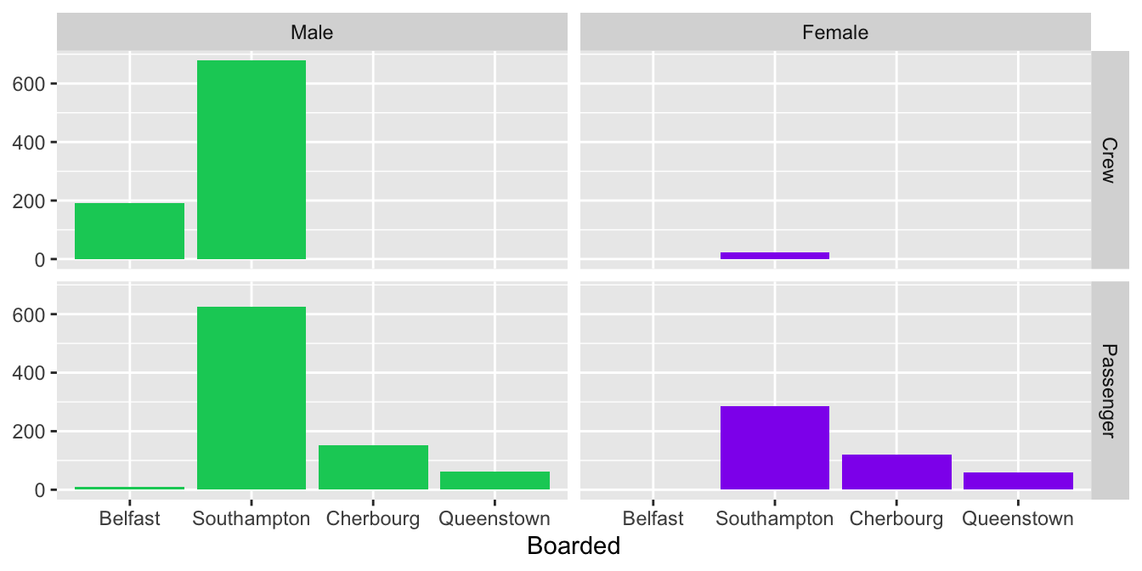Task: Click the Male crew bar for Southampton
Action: coord(251,160)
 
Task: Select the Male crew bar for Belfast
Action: coord(129,231)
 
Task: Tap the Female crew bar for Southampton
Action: coord(774,255)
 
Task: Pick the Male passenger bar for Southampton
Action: coord(251,398)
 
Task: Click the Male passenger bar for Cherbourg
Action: coord(373,467)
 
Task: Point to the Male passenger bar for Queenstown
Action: coord(495,480)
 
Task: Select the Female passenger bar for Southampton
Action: coord(774,448)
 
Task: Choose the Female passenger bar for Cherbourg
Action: coord(896,472)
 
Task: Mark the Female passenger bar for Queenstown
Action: coord(1018,481)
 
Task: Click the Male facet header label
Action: coord(312,33)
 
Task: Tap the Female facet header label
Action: coord(835,33)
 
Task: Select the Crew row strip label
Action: coord(1107,160)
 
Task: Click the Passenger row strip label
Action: coord(1107,390)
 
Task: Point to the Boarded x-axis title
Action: coord(574,546)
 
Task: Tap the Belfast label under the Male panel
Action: coord(129,518)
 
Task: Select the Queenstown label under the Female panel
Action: coord(1018,518)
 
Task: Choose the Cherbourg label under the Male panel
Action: coord(373,518)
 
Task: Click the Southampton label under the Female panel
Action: coord(774,518)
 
